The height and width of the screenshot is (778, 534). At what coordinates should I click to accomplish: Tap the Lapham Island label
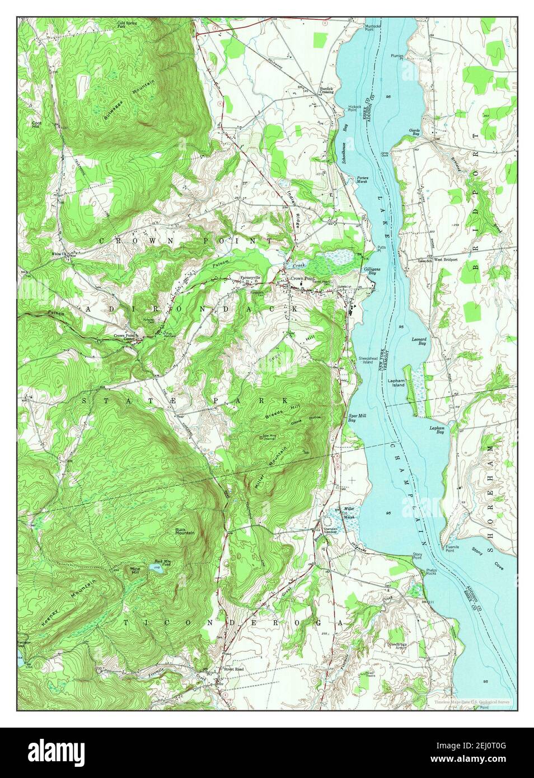point(396,382)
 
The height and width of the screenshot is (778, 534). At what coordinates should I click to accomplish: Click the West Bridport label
point(446,260)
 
